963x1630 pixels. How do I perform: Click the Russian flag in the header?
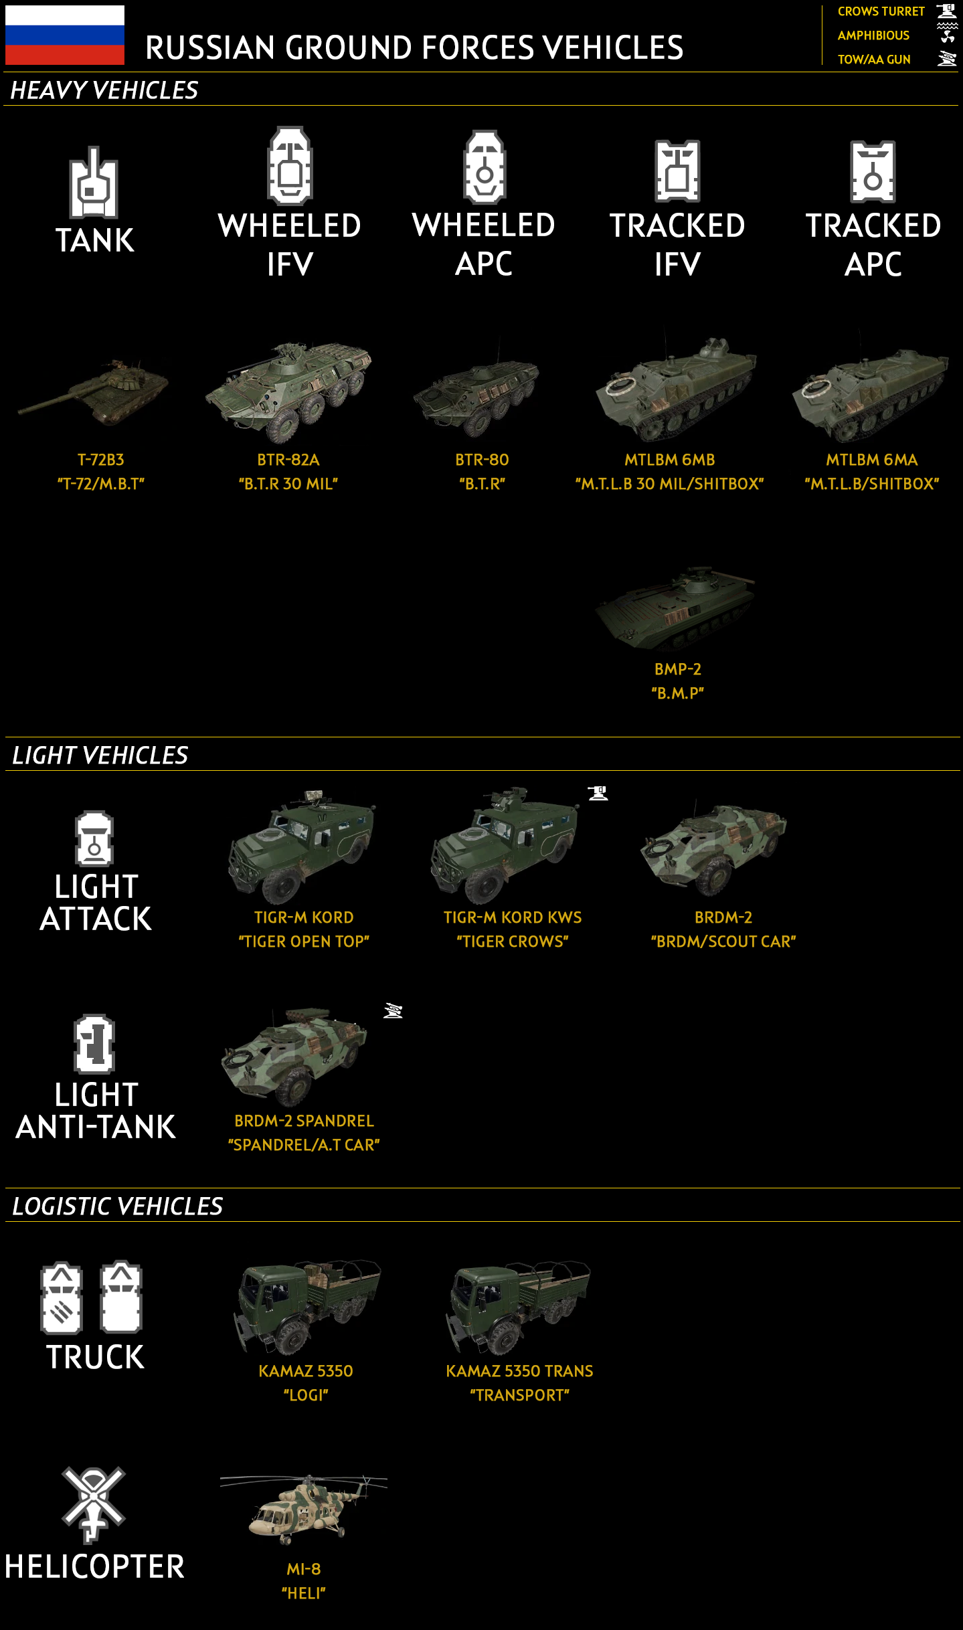click(x=64, y=35)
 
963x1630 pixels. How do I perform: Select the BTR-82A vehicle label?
click(x=288, y=460)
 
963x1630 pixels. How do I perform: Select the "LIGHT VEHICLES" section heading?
click(x=100, y=755)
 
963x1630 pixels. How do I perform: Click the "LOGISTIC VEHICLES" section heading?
click(x=118, y=1206)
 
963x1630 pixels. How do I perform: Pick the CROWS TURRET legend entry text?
click(x=881, y=11)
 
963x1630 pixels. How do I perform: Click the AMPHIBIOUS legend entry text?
click(x=873, y=35)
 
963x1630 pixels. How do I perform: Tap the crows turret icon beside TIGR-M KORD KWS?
click(x=598, y=794)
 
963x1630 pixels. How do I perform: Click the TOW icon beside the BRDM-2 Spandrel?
click(x=393, y=1011)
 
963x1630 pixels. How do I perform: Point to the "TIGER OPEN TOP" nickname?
click(x=304, y=941)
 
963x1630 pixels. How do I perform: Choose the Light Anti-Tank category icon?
click(x=94, y=1044)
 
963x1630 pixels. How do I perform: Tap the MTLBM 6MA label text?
click(x=871, y=460)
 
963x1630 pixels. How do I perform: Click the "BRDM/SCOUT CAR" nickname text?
click(x=723, y=941)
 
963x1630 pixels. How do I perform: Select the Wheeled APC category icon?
click(x=485, y=167)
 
